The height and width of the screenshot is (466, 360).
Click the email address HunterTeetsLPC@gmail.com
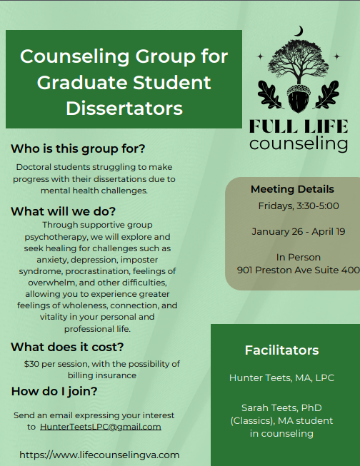point(100,427)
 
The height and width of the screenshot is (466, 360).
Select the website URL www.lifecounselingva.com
point(99,454)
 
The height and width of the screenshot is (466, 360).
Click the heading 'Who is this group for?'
point(78,149)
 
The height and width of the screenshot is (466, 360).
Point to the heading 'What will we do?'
point(63,211)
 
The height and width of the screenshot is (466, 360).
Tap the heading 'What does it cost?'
point(67,348)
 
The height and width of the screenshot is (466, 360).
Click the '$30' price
point(33,363)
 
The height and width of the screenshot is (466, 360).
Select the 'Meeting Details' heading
point(292,189)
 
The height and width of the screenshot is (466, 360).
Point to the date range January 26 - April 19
point(299,231)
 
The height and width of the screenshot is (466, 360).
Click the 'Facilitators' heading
point(281,350)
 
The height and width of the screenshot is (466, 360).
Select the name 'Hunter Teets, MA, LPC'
point(281,378)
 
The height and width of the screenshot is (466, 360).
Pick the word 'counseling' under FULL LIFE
point(299,145)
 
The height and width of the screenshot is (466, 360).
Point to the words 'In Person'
point(299,257)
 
